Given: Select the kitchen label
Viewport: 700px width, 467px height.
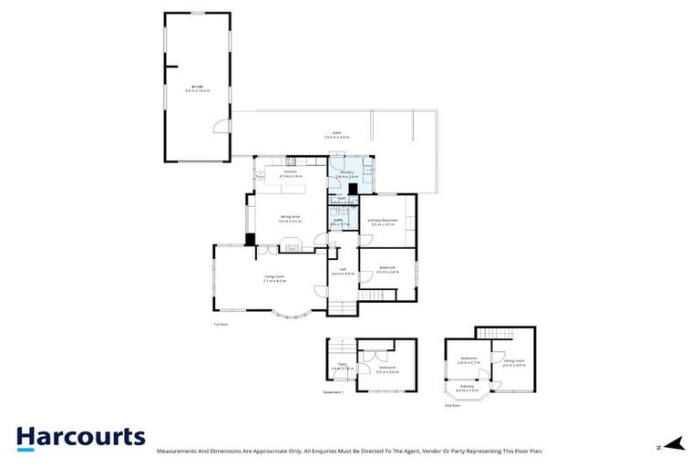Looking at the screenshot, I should click(291, 173).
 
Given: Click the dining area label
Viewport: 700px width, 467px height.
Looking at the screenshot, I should click(291, 218).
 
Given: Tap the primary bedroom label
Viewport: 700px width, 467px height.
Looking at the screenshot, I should click(383, 221).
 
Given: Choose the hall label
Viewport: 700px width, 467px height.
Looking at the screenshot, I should click(343, 271).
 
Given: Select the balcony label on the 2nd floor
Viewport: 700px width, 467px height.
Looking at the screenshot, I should click(466, 388).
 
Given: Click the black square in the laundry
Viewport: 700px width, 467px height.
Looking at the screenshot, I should click(353, 189).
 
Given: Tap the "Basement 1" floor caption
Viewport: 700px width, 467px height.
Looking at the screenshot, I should click(334, 392).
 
